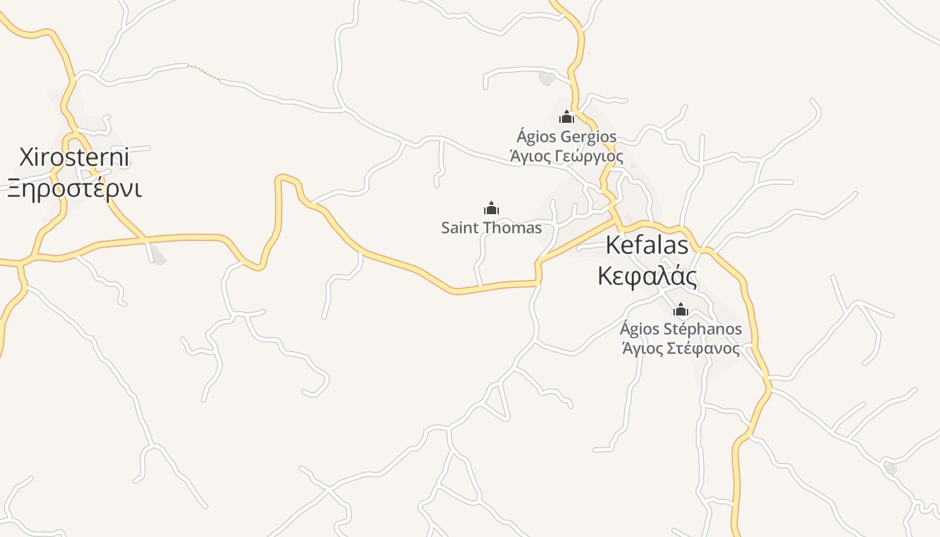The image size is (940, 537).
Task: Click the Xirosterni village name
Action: pyautogui.click(x=74, y=158)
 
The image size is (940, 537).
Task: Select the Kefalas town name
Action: pyautogui.click(x=647, y=245)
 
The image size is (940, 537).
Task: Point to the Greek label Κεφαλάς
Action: pyautogui.click(x=647, y=276)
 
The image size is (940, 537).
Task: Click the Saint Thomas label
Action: pyautogui.click(x=491, y=228)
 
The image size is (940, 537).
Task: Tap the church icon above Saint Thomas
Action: pyautogui.click(x=491, y=208)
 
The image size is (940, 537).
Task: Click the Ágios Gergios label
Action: pyautogui.click(x=566, y=137)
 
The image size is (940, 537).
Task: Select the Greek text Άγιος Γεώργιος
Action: pyautogui.click(x=566, y=156)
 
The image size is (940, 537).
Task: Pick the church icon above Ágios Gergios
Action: pyautogui.click(x=567, y=117)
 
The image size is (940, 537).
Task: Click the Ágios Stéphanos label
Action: pyautogui.click(x=681, y=329)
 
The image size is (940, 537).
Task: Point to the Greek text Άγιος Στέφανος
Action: pyautogui.click(x=681, y=348)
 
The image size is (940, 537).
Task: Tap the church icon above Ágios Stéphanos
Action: pyautogui.click(x=681, y=309)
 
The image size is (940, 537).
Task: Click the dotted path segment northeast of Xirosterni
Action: pyautogui.click(x=204, y=72)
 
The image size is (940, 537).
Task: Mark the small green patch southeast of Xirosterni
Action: pyautogui.click(x=158, y=256)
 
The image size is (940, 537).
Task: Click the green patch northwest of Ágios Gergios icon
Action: pyautogui.click(x=547, y=78)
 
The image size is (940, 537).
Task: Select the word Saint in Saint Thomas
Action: pyautogui.click(x=459, y=228)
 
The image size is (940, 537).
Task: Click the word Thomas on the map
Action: pyautogui.click(x=510, y=228)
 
